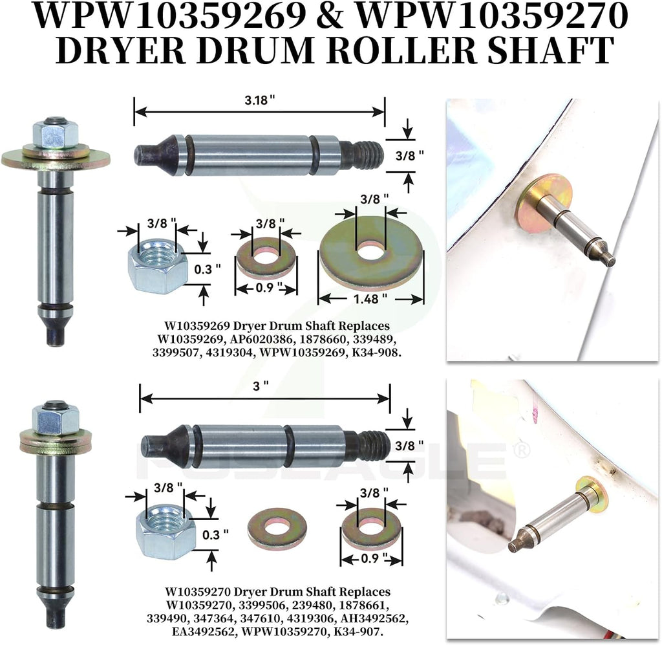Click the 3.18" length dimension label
(x=259, y=100)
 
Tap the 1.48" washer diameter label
(x=370, y=299)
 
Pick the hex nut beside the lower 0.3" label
(x=165, y=531)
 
